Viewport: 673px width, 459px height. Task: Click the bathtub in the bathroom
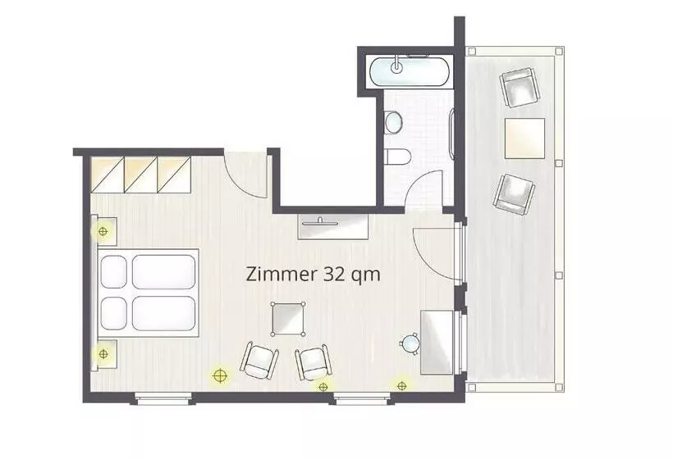410,70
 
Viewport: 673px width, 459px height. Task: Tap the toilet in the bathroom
397,157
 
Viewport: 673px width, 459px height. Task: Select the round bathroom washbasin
393,122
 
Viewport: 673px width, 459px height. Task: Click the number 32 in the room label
332,275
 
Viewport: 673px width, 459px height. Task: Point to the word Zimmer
281,275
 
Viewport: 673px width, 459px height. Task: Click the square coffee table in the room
288,320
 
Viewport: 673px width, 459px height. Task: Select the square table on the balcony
525,139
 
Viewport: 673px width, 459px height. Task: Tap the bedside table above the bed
104,231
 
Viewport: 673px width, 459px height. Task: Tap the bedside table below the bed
104,353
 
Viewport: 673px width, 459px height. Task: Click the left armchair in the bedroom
259,360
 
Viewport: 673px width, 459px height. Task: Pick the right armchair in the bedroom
314,362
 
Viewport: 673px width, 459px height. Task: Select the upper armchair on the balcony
520,88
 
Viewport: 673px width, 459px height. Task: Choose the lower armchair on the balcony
515,194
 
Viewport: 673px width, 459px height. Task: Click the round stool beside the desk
410,343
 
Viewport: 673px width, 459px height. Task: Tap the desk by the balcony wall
437,342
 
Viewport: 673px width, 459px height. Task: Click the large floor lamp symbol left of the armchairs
220,376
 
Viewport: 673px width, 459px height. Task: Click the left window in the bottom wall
163,398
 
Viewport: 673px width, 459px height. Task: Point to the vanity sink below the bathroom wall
333,226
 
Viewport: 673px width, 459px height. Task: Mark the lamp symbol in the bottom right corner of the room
401,386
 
